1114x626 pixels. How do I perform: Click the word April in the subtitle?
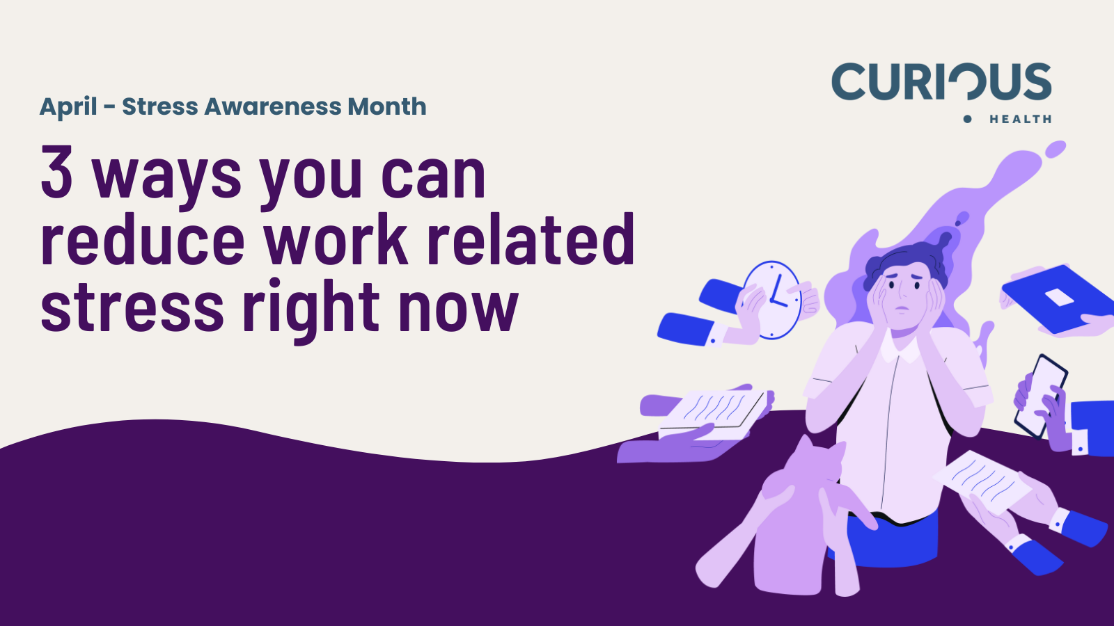click(x=68, y=107)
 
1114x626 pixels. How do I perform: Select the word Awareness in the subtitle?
click(x=272, y=106)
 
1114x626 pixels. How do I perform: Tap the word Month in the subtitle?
click(x=387, y=106)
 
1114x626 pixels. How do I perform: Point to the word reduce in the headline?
click(x=143, y=239)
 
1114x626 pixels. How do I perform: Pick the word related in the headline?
click(x=531, y=239)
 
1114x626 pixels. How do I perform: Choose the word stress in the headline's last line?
click(x=132, y=307)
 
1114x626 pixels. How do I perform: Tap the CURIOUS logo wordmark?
click(x=941, y=81)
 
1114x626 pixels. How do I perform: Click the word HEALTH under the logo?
click(x=1020, y=119)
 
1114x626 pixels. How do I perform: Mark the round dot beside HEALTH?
click(x=967, y=119)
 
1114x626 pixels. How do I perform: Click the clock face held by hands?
click(x=772, y=300)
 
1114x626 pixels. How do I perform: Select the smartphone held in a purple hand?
click(x=1041, y=396)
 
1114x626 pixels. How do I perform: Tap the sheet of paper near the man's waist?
click(x=982, y=481)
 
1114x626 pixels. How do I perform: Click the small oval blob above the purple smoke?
click(x=1055, y=150)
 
